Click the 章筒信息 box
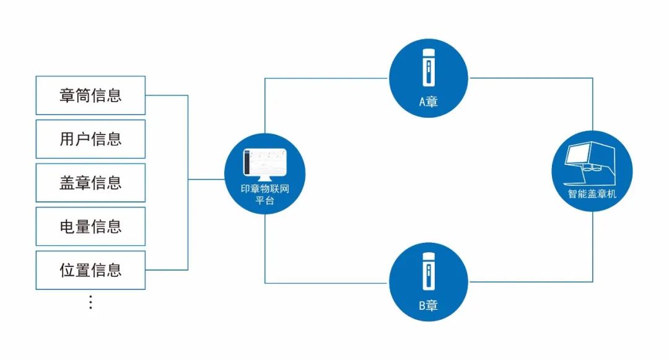coord(90,95)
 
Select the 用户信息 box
coord(90,139)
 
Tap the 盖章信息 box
coord(90,183)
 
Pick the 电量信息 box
coord(90,226)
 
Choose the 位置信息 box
coord(90,270)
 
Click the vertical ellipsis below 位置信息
coord(90,302)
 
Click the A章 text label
coord(428,102)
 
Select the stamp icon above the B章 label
coord(428,271)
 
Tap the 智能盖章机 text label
coord(592,194)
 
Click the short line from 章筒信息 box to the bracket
coord(166,95)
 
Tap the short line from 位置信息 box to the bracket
coord(166,270)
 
